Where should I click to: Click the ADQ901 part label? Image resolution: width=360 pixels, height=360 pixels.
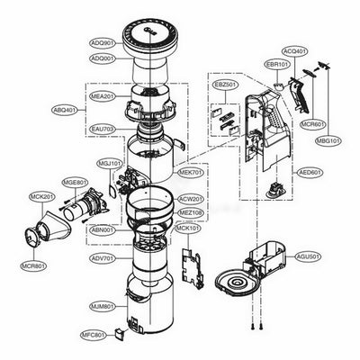tap(101, 42)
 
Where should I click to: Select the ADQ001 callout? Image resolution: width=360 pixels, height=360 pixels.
tap(101, 58)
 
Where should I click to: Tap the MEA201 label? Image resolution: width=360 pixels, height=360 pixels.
tap(103, 96)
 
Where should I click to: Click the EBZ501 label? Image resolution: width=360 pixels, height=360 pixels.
tap(224, 85)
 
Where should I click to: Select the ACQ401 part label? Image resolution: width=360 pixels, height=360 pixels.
tap(293, 51)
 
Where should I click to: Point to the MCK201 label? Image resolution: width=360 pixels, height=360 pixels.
tap(41, 197)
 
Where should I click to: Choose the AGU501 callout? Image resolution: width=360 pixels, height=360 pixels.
tap(308, 257)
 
